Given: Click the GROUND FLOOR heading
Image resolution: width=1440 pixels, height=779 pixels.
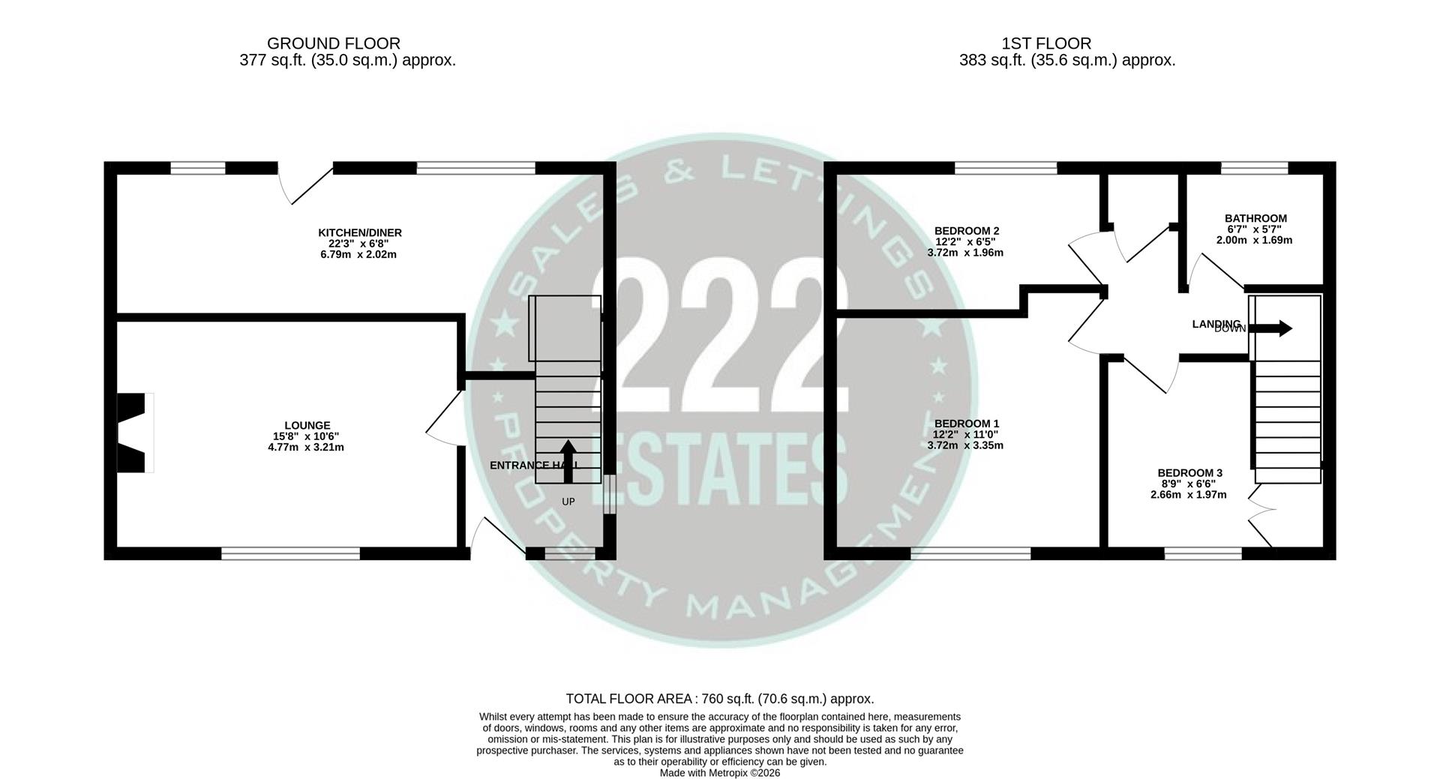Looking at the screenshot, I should click(x=333, y=43).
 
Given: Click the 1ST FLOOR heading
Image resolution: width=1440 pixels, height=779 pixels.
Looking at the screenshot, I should click(x=1045, y=43).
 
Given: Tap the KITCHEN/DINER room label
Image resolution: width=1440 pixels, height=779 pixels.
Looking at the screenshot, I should click(x=359, y=232).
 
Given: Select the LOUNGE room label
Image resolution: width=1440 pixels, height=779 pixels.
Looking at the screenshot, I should click(x=307, y=425).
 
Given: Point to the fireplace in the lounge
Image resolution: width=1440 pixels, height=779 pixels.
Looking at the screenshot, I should click(x=133, y=433).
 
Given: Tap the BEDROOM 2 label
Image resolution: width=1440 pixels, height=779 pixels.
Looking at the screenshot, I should click(x=966, y=231).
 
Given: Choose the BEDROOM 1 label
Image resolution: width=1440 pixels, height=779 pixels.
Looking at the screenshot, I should click(x=966, y=424).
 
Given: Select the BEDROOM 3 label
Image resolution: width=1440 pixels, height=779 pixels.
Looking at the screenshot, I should click(x=1189, y=472).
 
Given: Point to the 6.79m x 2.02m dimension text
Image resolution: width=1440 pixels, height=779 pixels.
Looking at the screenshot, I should click(x=358, y=254).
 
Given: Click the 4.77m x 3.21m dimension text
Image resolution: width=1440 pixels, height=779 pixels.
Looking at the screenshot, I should click(x=307, y=447).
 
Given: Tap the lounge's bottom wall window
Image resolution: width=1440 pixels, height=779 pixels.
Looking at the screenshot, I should click(x=290, y=553).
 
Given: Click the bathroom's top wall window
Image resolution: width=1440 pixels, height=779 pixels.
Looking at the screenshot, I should click(x=1254, y=168).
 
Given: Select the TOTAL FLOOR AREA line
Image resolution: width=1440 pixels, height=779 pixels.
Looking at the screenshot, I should click(x=719, y=699).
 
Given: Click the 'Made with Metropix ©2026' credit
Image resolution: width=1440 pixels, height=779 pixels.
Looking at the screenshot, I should click(x=719, y=772).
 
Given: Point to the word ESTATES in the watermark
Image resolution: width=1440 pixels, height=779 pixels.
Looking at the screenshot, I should click(x=724, y=469).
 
